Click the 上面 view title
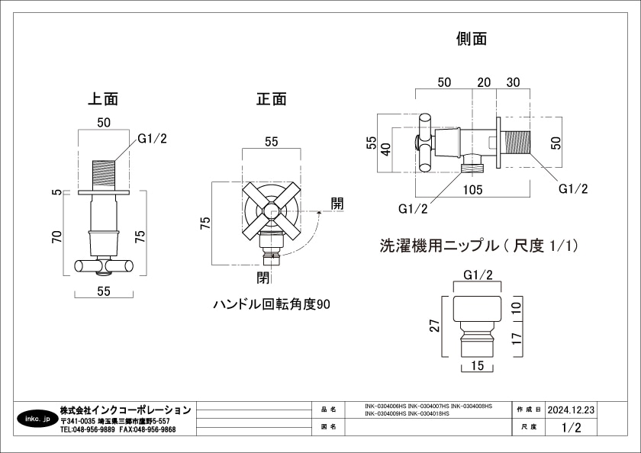click(x=103, y=98)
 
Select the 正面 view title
click(x=271, y=98)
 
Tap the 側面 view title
click(x=471, y=38)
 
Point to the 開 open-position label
click(x=337, y=204)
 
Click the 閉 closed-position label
click(x=264, y=276)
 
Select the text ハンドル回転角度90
click(x=272, y=304)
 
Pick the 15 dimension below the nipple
click(x=477, y=366)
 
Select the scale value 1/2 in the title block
click(x=571, y=428)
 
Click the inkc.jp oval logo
click(x=36, y=419)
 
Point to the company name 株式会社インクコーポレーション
click(x=125, y=410)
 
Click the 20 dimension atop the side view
click(x=483, y=82)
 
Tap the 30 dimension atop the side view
click(x=513, y=82)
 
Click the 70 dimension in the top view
click(x=56, y=237)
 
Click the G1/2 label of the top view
click(x=152, y=138)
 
